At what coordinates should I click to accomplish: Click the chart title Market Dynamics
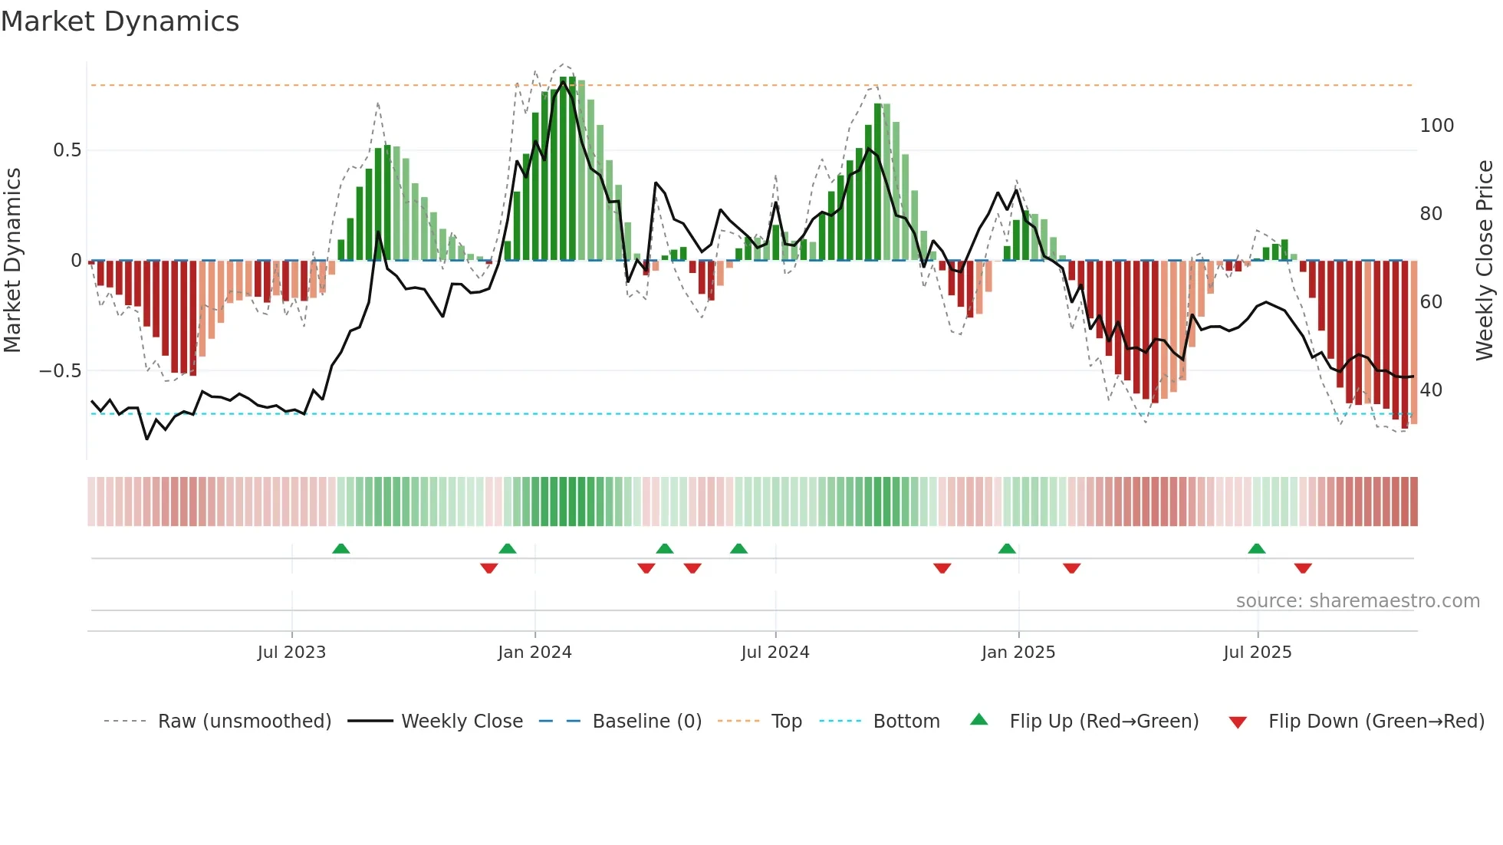(120, 21)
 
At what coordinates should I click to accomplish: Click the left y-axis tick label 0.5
(67, 150)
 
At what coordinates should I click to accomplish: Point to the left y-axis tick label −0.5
(60, 371)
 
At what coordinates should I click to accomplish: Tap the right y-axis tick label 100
(1436, 126)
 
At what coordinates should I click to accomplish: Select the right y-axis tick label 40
(1431, 390)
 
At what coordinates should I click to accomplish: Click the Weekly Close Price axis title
(1485, 261)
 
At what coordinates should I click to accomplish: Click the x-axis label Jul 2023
(291, 653)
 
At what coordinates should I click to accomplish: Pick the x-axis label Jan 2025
(1018, 653)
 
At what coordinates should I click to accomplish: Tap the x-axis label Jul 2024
(775, 653)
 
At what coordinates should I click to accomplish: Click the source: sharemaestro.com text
(1357, 601)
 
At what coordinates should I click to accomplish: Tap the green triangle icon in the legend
(979, 720)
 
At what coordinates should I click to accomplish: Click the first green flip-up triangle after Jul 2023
(341, 549)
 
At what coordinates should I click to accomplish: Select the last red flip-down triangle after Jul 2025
(1303, 568)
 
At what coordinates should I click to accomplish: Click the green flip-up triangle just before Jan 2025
(1007, 549)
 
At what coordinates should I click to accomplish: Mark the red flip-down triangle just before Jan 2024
(489, 568)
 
